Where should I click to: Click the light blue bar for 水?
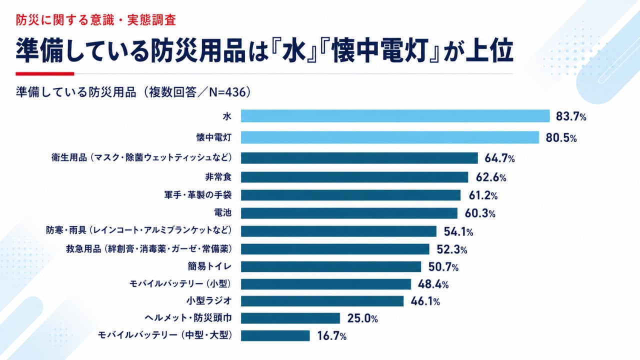[395, 116]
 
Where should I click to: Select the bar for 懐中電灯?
[390, 137]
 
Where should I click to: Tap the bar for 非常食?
[354, 177]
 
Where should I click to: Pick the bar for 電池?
[349, 213]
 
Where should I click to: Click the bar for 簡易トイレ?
[331, 266]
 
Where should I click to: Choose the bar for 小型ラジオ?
[322, 301]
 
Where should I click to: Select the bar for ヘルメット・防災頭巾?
[290, 318]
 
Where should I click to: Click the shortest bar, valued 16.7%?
[275, 335]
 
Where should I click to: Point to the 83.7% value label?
[571, 116]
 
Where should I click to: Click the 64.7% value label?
[499, 158]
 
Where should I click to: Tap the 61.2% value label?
[483, 195]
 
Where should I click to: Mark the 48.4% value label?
[433, 284]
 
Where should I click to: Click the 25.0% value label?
[362, 318]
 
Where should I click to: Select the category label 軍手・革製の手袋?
[197, 195]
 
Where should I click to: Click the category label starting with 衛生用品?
[141, 157]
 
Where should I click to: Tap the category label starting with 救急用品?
[149, 249]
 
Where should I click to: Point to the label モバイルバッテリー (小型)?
[180, 283]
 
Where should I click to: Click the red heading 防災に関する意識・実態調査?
[95, 20]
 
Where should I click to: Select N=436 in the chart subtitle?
[227, 92]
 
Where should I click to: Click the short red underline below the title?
[45, 73]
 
